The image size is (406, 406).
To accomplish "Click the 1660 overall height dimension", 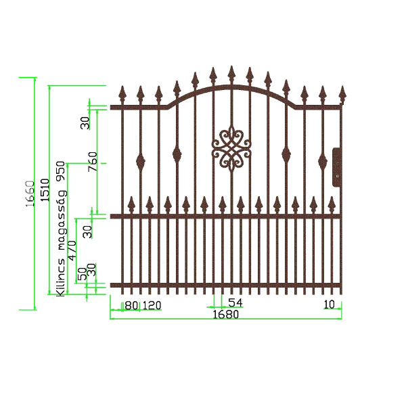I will click(30, 195).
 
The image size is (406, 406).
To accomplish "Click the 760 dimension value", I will click(93, 162).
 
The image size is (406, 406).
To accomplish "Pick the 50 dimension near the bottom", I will click(83, 274).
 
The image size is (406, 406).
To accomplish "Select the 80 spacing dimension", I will click(131, 305).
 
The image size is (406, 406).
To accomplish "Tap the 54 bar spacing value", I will click(235, 303).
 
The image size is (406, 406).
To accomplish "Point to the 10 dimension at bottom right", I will click(330, 304).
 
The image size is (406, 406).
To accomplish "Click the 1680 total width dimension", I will click(225, 315).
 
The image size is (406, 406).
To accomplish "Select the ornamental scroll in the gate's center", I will click(231, 149).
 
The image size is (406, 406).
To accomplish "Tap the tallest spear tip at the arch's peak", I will click(231, 72).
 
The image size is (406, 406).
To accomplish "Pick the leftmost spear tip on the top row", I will click(122, 92).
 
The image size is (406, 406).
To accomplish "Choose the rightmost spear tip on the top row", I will click(341, 92).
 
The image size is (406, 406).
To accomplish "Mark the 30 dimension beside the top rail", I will click(85, 122).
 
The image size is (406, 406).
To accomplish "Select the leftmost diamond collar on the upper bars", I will click(141, 161).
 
